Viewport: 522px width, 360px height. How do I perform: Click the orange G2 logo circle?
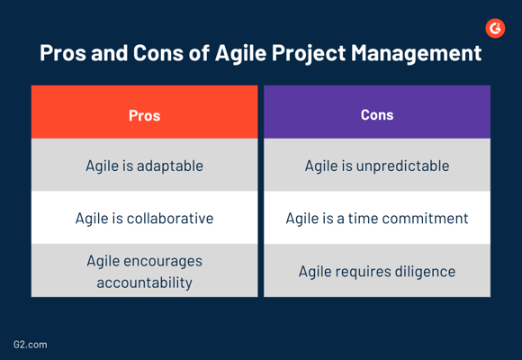point(495,28)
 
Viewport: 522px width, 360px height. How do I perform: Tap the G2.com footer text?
point(31,345)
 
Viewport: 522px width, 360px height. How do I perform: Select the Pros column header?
point(145,112)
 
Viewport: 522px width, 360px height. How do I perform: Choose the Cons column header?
point(377,112)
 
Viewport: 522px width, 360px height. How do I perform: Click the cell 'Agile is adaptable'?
point(145,165)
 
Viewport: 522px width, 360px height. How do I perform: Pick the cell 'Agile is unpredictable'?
point(377,165)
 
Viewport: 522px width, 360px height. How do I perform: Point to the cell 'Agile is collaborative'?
point(145,218)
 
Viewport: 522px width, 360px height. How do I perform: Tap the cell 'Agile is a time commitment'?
point(377,218)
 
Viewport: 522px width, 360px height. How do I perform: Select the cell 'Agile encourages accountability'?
point(145,270)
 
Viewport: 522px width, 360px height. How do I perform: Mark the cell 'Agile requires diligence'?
point(377,270)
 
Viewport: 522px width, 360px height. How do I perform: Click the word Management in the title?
point(416,53)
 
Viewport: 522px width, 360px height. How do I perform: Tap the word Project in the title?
point(309,53)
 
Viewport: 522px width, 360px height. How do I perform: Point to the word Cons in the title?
point(158,52)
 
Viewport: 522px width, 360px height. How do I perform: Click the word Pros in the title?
point(63,52)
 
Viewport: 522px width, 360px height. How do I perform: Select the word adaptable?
point(170,166)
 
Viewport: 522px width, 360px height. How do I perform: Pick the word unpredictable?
point(402,166)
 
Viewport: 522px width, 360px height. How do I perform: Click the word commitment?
point(425,219)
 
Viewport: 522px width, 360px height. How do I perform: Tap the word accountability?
point(145,283)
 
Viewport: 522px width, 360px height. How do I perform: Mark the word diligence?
point(425,272)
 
